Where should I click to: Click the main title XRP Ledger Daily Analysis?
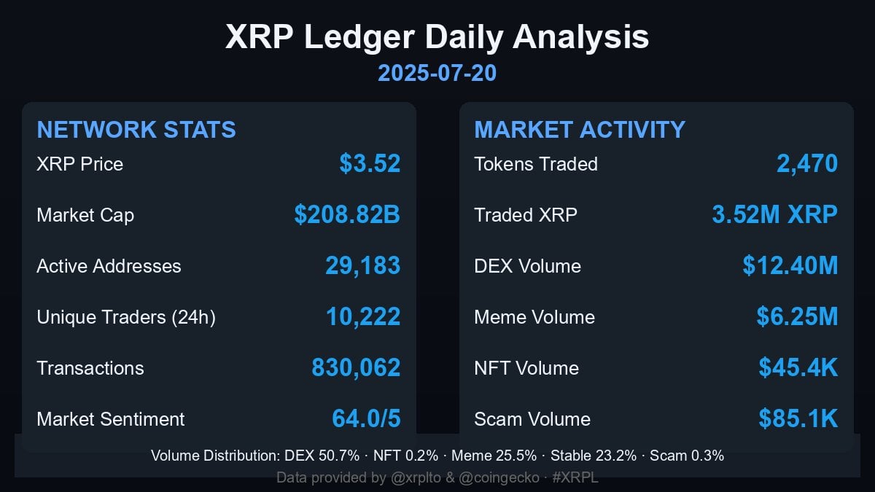click(x=437, y=37)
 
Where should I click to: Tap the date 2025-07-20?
click(x=437, y=73)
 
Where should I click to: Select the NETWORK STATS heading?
click(x=136, y=130)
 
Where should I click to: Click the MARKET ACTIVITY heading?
click(x=580, y=130)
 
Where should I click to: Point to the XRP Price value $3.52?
click(x=370, y=164)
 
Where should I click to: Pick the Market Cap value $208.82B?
click(x=347, y=215)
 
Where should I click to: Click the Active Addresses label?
click(x=109, y=266)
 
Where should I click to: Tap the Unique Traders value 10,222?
click(x=362, y=317)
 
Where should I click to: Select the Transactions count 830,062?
click(x=356, y=368)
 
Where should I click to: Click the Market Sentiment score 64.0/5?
click(x=366, y=419)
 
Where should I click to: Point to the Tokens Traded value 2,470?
click(x=807, y=164)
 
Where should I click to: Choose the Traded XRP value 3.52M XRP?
click(x=774, y=215)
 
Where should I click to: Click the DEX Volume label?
click(x=527, y=266)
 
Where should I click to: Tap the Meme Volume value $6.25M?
click(x=797, y=317)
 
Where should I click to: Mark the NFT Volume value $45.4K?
click(x=798, y=368)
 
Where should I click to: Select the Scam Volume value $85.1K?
click(x=798, y=419)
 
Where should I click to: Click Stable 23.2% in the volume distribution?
click(x=593, y=456)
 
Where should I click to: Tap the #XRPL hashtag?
click(x=575, y=478)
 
